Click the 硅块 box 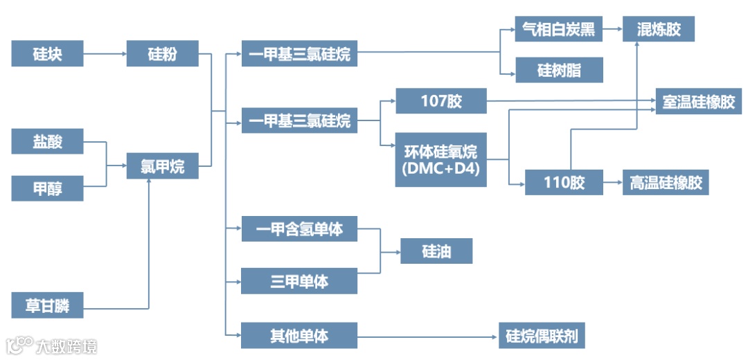(47, 53)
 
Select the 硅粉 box (162, 53)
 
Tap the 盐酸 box (47, 141)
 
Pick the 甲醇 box (47, 188)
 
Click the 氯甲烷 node (162, 166)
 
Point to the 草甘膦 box (47, 305)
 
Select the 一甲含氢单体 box (299, 228)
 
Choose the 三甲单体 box (299, 281)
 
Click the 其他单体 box (299, 336)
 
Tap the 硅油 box (436, 251)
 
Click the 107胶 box (440, 101)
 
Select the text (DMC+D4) (440, 168)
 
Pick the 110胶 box (564, 183)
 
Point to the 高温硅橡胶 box (666, 183)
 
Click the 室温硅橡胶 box (698, 102)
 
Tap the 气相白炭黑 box (558, 30)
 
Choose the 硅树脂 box (558, 70)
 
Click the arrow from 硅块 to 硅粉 (105, 53)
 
